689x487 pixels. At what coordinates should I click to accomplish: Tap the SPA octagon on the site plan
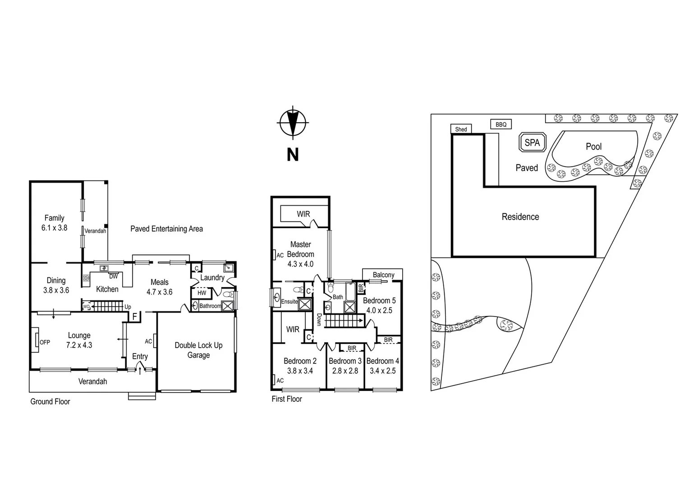click(532, 142)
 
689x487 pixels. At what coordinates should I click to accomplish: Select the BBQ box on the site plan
click(501, 124)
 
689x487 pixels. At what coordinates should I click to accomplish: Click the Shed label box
click(461, 129)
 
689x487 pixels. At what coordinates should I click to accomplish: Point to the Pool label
click(593, 147)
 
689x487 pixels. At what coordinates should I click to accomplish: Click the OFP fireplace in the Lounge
click(36, 342)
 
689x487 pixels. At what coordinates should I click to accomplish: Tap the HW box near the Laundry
click(202, 293)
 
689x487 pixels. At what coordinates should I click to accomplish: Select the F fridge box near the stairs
click(134, 317)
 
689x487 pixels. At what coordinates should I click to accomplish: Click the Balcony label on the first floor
click(383, 275)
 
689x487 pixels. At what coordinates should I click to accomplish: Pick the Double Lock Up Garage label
click(198, 350)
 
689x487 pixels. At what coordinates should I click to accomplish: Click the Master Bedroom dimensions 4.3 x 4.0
click(300, 264)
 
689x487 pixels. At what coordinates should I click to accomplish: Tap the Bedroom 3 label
click(345, 361)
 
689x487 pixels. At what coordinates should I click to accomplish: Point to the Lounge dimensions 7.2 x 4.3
click(79, 345)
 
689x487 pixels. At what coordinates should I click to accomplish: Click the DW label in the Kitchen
click(113, 276)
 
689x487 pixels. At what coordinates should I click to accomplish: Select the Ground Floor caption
click(50, 401)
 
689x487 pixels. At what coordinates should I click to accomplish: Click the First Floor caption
click(286, 399)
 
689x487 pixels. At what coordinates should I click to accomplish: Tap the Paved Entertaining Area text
click(166, 229)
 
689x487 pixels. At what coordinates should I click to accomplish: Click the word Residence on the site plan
click(520, 217)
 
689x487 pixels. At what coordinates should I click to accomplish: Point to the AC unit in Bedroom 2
click(274, 380)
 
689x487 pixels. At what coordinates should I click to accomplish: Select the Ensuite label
click(289, 301)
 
